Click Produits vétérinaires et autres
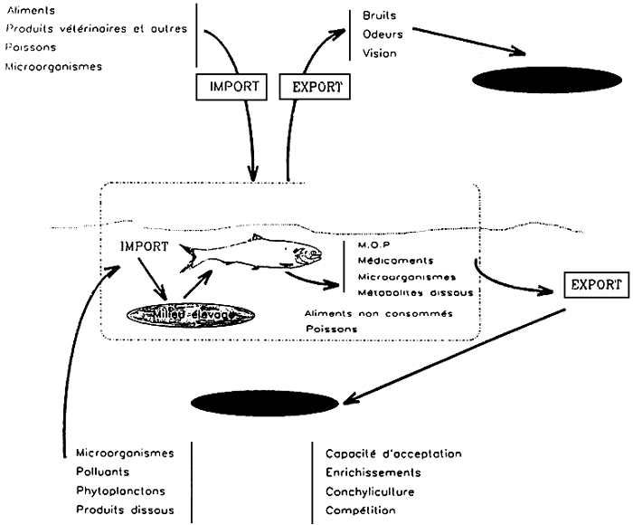pyautogui.click(x=97, y=29)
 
